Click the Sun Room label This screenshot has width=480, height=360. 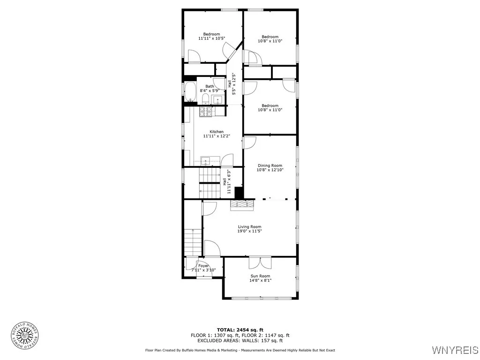[x=260, y=276]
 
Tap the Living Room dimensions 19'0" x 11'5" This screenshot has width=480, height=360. [x=249, y=231]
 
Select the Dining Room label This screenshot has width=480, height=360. [x=270, y=165]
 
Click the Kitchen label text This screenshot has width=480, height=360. [x=216, y=132]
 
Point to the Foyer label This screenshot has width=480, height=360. [x=203, y=266]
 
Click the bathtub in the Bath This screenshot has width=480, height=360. [x=190, y=92]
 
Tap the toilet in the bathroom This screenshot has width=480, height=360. [x=205, y=98]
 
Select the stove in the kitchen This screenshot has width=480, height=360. [x=206, y=112]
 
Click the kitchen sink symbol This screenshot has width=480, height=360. [x=206, y=161]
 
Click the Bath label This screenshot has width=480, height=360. [x=210, y=86]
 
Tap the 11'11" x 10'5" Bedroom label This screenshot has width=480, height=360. [x=211, y=36]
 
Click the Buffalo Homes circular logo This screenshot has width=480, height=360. [x=25, y=335]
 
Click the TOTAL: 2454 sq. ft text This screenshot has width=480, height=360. [x=240, y=330]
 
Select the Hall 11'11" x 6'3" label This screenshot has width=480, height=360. [x=229, y=182]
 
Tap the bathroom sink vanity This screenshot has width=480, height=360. [x=218, y=99]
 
